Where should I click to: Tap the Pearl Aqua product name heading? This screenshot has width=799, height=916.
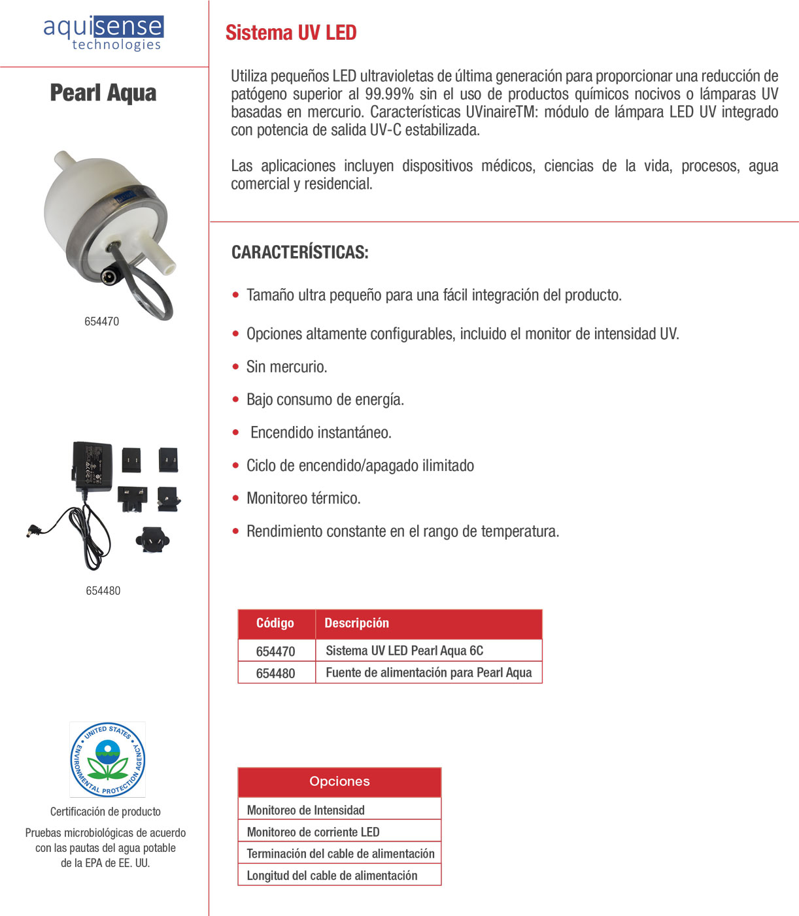tap(103, 93)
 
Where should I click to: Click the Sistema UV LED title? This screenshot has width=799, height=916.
tap(291, 33)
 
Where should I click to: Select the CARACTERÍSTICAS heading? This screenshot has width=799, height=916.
tap(299, 252)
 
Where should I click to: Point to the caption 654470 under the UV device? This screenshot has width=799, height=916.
tap(101, 321)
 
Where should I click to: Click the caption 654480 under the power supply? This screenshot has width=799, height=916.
tap(103, 591)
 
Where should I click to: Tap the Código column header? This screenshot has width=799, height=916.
tap(275, 623)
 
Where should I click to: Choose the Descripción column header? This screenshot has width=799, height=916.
tap(356, 623)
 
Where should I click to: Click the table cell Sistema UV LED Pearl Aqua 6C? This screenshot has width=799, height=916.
tap(404, 651)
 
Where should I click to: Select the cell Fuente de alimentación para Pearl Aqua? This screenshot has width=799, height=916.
tap(428, 672)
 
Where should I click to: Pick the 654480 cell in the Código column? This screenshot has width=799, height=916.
tap(275, 673)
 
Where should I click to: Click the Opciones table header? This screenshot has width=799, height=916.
tap(339, 781)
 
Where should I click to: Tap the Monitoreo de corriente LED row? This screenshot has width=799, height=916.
tap(313, 832)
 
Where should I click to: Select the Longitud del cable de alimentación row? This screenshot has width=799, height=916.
tap(331, 875)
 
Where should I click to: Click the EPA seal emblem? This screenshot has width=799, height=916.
tap(108, 759)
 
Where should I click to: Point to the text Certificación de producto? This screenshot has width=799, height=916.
tap(105, 811)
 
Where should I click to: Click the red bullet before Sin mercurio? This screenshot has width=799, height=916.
tap(235, 367)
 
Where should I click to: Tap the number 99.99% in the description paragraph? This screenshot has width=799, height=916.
tap(389, 94)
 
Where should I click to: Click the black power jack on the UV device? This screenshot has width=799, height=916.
tap(109, 276)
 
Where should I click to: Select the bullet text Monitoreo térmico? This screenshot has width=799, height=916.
tap(303, 499)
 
